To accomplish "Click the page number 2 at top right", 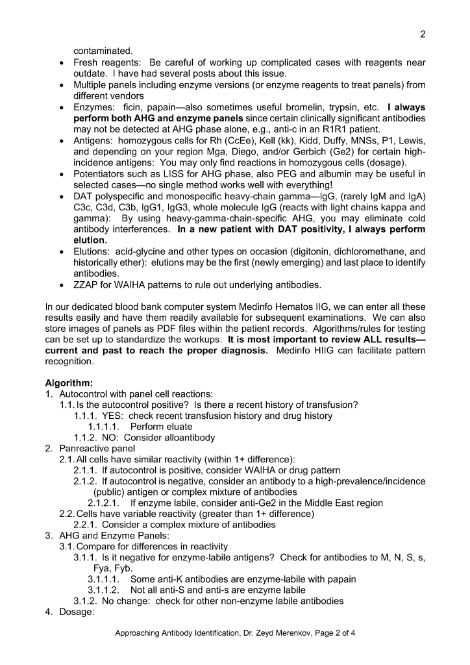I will [x=423, y=34].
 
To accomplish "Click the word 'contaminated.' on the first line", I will [x=103, y=51].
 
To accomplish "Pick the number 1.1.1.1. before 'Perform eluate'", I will [x=106, y=427].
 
